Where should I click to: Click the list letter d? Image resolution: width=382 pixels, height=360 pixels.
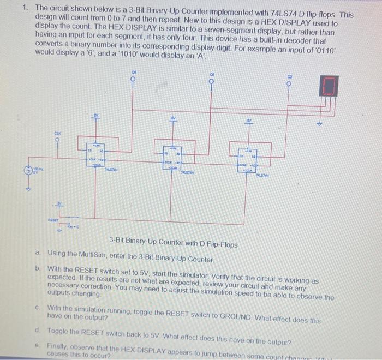coord(36,331)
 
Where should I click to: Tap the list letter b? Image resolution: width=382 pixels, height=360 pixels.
coord(38,268)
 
